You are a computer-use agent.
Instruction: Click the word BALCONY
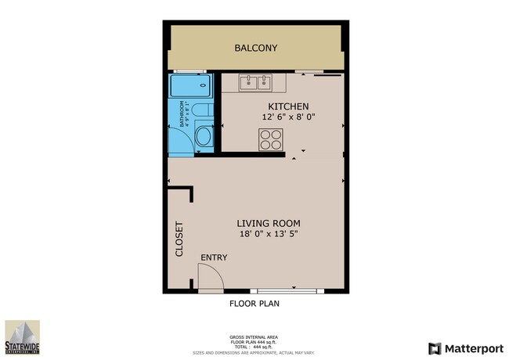[256, 48]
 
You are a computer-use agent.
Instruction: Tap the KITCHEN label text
[288, 106]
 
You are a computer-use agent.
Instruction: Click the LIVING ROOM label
[269, 222]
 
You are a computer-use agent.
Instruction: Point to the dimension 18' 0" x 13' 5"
[269, 233]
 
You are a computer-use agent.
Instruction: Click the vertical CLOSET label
[179, 239]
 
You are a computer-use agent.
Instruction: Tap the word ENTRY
[214, 257]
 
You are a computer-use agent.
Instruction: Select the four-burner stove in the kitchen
[271, 139]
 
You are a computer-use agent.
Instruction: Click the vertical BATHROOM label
[182, 114]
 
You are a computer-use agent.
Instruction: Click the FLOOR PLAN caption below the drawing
[254, 304]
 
